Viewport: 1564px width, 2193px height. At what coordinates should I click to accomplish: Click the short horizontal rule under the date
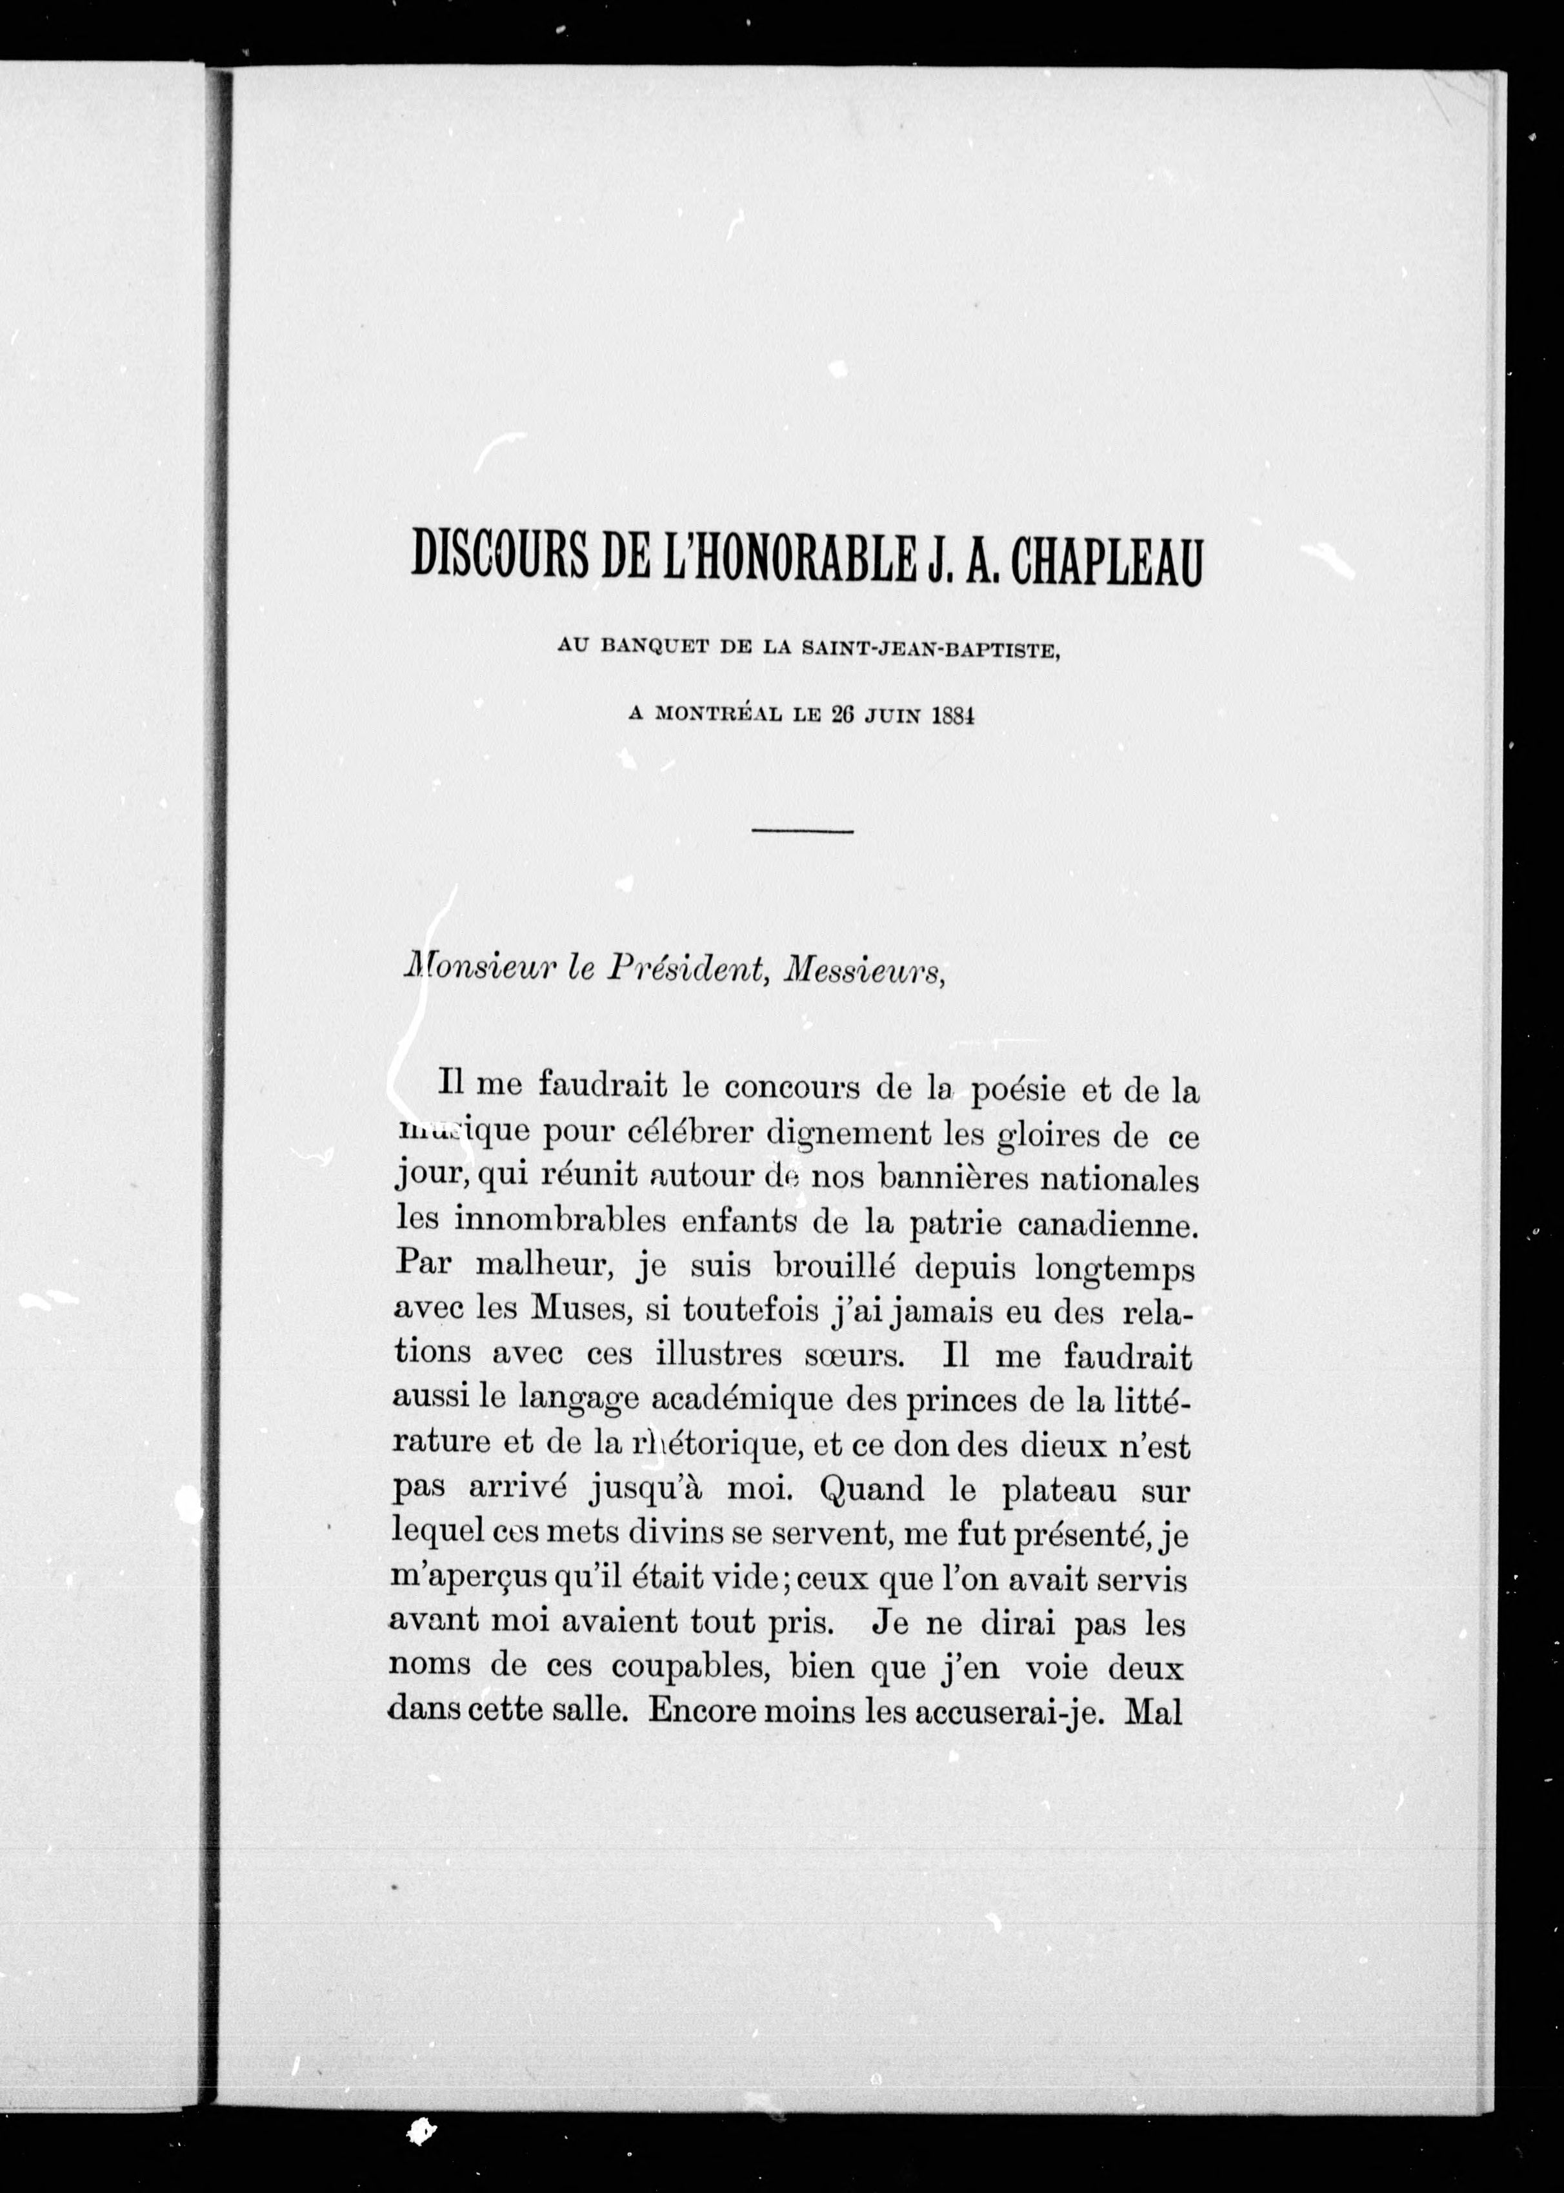(x=802, y=831)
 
